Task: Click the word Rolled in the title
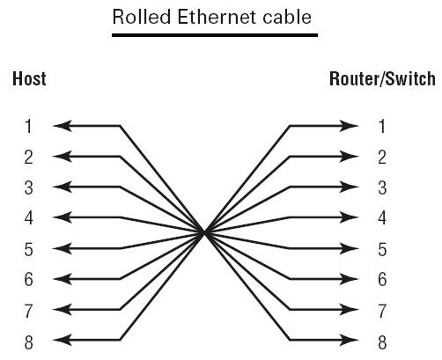pos(142,17)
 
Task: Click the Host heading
pos(29,78)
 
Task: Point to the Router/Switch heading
pos(382,78)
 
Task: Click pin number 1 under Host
pos(28,126)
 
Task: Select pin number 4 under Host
pos(29,217)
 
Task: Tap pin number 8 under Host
pos(29,342)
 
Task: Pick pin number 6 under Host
pos(29,279)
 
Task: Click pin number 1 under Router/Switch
pos(382,126)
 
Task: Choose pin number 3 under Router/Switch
pos(382,187)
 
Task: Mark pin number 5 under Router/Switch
pos(382,249)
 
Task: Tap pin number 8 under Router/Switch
pos(382,342)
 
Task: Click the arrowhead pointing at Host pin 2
pos(63,157)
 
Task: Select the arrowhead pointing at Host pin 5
pos(63,248)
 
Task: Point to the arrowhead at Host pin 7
pos(63,310)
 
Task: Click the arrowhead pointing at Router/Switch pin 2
pos(350,157)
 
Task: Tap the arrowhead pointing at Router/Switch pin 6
pos(350,279)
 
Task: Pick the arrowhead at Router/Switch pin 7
pos(350,310)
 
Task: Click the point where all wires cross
pos(205,233)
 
